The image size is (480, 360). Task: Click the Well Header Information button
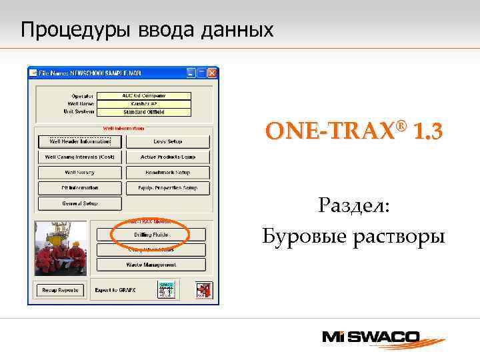(80, 141)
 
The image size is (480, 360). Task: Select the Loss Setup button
(167, 141)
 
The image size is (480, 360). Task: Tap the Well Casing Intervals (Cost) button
(80, 157)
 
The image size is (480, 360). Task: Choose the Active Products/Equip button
(167, 157)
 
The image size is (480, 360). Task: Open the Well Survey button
(80, 173)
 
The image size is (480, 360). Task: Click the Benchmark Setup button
(167, 173)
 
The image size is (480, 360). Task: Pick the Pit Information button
(80, 188)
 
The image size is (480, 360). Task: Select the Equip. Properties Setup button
(167, 188)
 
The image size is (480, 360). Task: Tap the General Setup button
(80, 203)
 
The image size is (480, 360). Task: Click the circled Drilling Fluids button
(151, 235)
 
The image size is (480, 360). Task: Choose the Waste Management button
(151, 265)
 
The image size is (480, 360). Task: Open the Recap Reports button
(60, 290)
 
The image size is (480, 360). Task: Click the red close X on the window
(212, 73)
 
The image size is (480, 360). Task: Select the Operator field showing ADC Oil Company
(144, 95)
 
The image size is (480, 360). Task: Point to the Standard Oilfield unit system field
(144, 111)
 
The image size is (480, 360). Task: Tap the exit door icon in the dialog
(204, 290)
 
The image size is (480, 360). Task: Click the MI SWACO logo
(379, 337)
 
